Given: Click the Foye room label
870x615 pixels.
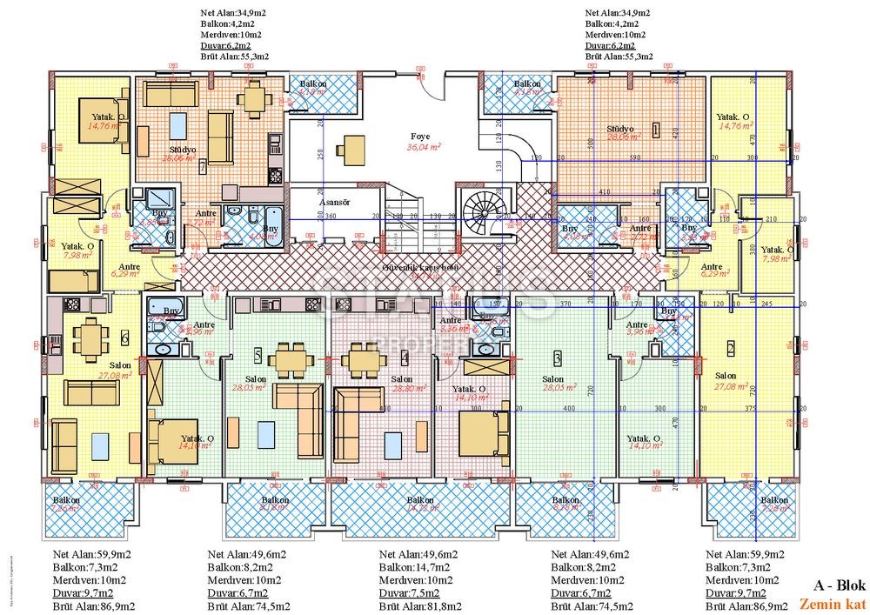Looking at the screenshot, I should [x=420, y=137].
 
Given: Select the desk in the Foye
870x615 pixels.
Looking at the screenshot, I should [x=351, y=149].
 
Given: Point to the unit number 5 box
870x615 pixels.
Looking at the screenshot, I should [x=257, y=354].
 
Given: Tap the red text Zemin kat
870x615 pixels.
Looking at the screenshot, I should [x=830, y=604].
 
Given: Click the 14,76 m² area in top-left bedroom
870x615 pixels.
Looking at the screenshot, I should [x=102, y=125].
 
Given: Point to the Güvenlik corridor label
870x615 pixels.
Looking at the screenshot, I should [x=419, y=268].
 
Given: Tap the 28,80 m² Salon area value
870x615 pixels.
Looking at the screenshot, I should [x=401, y=391].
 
